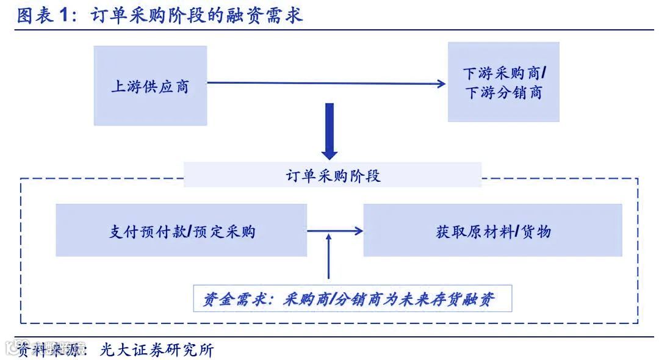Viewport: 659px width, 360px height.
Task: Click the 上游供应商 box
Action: (x=150, y=86)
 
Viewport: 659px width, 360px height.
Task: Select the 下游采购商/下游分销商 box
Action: (x=503, y=82)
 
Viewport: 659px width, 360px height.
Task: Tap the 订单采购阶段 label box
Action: (x=333, y=176)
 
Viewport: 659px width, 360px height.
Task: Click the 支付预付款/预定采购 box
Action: (x=181, y=231)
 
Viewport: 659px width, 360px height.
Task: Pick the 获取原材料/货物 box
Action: (x=492, y=231)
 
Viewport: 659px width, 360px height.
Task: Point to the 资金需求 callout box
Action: (x=352, y=299)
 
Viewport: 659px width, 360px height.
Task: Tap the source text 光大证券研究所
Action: (x=157, y=350)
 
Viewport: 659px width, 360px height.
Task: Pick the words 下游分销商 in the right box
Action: (x=503, y=93)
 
